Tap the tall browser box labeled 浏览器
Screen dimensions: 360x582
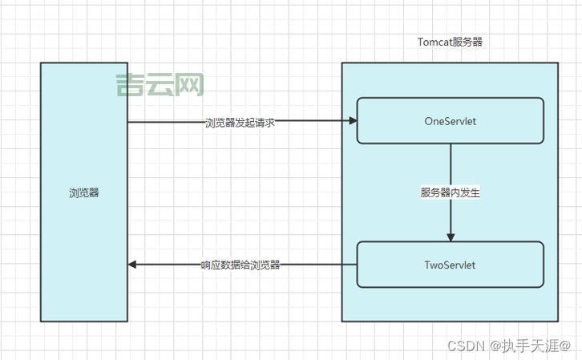coord(84,241)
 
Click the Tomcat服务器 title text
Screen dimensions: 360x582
coord(450,42)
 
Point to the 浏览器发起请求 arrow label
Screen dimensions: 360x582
coord(240,123)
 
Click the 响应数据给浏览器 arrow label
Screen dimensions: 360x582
coord(240,265)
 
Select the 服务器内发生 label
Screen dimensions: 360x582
coord(450,192)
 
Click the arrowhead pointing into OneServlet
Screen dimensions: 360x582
coord(352,121)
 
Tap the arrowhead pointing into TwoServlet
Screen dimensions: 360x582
coord(451,237)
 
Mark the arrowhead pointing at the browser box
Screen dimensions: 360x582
coord(133,265)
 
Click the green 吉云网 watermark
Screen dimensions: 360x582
coord(160,85)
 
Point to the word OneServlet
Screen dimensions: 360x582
coord(450,121)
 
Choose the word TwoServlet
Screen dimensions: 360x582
coord(450,265)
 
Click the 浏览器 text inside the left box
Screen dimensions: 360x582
coord(84,192)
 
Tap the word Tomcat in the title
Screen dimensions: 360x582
coord(434,42)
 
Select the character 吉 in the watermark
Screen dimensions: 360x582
coord(129,85)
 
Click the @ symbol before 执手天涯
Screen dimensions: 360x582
coord(495,346)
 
